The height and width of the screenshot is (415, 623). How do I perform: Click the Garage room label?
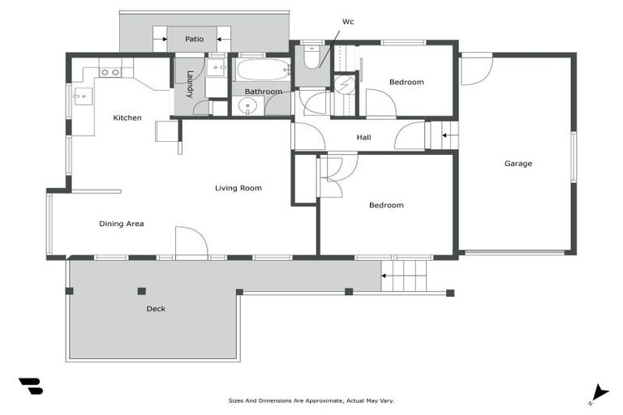518,164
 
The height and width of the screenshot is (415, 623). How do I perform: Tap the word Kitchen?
127,118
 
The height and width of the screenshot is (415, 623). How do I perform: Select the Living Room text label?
238,188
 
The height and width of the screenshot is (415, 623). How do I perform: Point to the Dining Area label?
122,224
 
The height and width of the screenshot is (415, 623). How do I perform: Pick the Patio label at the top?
194,39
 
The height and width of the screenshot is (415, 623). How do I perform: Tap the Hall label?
364,138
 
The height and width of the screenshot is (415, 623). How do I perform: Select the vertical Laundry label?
189,84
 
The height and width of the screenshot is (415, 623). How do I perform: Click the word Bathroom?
264,92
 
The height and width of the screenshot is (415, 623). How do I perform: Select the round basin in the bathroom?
249,106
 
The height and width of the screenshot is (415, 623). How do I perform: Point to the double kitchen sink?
110,73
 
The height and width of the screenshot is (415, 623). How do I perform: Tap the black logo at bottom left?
31,387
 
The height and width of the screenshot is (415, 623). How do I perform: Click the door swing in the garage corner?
475,70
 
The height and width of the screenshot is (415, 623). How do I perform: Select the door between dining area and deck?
191,242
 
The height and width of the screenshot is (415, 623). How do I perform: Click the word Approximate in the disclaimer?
324,400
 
